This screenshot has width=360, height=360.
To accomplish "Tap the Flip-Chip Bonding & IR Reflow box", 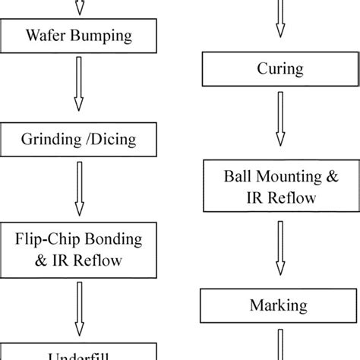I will click(x=80, y=250).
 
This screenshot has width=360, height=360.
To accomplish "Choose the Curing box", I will click(x=280, y=70).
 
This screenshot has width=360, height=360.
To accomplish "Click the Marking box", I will click(x=280, y=306).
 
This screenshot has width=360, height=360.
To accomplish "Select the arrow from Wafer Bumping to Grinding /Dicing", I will click(x=80, y=87).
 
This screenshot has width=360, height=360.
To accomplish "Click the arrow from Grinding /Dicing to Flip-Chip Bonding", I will click(x=80, y=193).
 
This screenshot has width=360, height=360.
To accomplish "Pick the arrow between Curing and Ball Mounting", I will click(x=280, y=122).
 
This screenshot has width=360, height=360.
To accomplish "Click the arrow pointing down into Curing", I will click(x=280, y=18).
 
